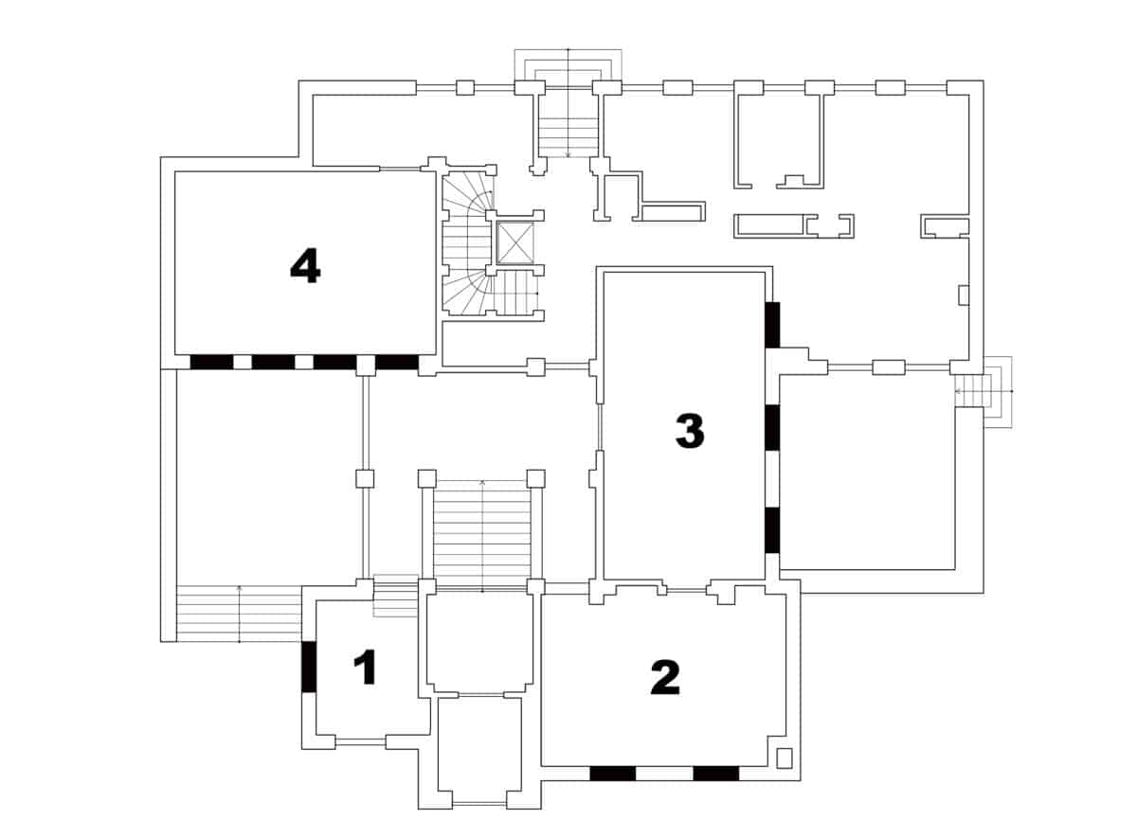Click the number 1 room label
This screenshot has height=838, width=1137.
tap(365, 669)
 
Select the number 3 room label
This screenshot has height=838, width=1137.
tap(689, 431)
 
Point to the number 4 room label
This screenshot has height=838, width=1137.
tap(305, 267)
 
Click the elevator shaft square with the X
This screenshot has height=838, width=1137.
tap(515, 243)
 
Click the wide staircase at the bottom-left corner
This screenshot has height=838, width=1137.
tap(239, 614)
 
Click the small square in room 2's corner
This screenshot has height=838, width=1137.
tap(784, 758)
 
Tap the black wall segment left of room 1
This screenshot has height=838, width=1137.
tap(308, 667)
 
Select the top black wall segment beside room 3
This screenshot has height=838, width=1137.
tap(772, 324)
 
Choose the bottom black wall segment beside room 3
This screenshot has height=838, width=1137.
tap(772, 530)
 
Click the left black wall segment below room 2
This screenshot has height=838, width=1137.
tap(612, 774)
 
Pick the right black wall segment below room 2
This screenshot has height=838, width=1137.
tap(715, 774)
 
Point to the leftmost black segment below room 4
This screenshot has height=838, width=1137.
tap(210, 362)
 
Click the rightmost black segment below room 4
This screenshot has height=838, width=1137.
tap(397, 362)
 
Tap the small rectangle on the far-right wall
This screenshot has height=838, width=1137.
tap(964, 294)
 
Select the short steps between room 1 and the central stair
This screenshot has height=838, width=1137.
tap(396, 596)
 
